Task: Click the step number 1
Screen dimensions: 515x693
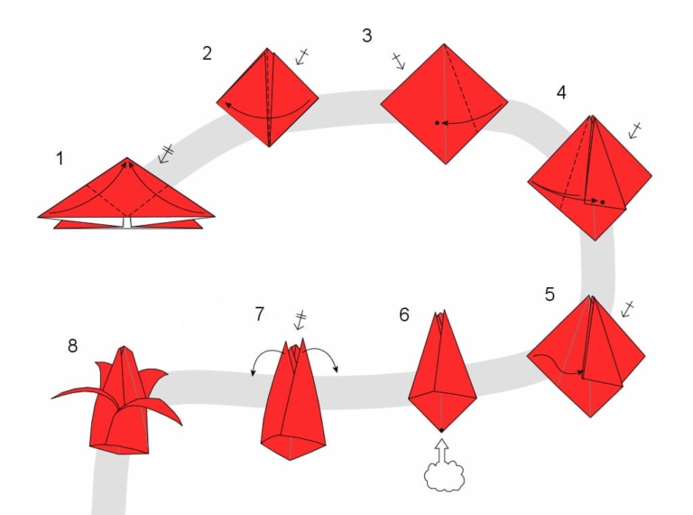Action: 60,159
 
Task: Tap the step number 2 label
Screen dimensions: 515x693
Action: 207,52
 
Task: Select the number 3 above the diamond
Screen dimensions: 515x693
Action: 366,35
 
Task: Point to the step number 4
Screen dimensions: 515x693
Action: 561,93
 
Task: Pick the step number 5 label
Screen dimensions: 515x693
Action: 550,295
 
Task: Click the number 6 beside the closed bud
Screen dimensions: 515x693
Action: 404,314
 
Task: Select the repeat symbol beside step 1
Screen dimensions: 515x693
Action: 166,153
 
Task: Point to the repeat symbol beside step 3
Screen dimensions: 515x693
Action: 398,61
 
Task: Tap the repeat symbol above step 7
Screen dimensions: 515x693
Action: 302,320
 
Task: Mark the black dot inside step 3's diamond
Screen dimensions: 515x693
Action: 436,122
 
